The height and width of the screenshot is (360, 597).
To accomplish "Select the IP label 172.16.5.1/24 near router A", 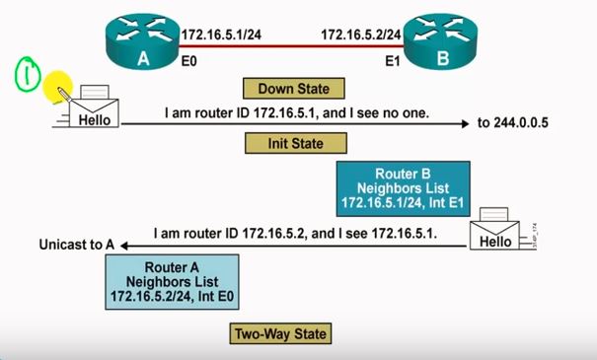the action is tap(221, 36).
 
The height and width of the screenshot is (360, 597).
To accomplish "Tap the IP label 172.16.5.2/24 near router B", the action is tap(360, 36).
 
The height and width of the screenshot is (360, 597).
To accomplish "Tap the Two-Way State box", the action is tap(279, 334).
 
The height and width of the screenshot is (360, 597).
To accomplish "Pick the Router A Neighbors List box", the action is tap(174, 281).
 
